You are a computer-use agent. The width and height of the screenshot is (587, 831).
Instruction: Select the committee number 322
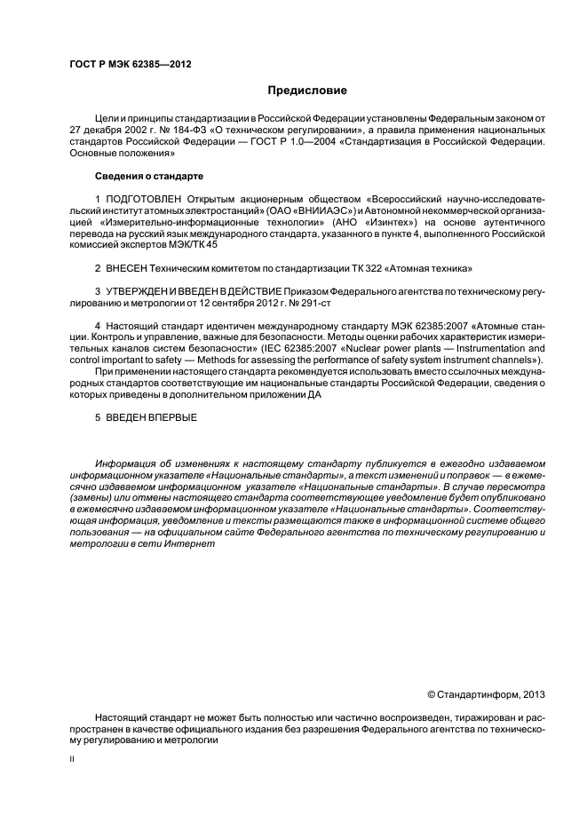click(x=338, y=267)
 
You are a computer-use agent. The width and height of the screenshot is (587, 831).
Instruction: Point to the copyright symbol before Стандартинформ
click(x=431, y=693)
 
